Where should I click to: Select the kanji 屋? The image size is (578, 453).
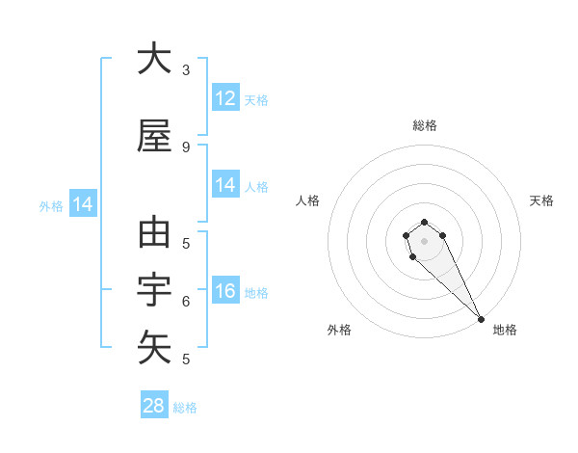coord(154,137)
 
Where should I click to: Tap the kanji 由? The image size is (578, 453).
coord(154,234)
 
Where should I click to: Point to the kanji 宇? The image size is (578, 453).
coord(154,290)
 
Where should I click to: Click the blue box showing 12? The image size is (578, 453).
coord(225,98)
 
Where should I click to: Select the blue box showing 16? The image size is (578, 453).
coord(225,291)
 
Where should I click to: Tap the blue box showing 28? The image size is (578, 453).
coord(154,406)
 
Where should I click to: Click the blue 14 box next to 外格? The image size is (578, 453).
coord(82,204)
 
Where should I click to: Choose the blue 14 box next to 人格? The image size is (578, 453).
coord(225,185)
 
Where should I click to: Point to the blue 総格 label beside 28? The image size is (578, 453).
coord(185,408)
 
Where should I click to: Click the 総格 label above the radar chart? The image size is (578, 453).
coord(425,125)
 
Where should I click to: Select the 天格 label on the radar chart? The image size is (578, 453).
coord(541,200)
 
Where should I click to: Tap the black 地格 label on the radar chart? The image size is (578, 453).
coord(505,330)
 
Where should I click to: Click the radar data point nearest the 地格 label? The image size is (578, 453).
coord(481,319)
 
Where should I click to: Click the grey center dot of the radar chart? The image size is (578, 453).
coord(425,241)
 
